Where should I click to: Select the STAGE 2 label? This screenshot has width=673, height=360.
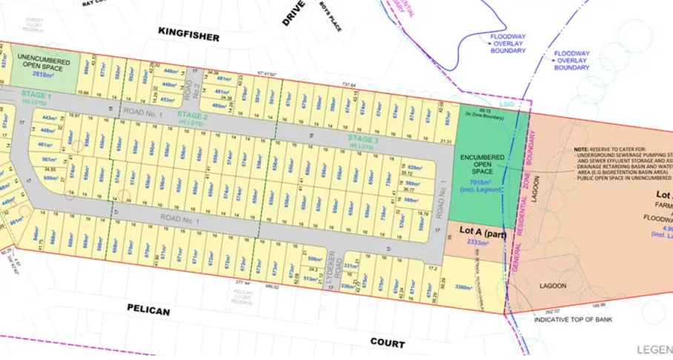pyautogui.click(x=193, y=115)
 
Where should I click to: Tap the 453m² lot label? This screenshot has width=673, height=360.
pyautogui.click(x=168, y=99)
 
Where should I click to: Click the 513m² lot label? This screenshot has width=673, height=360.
pyautogui.click(x=311, y=279)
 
